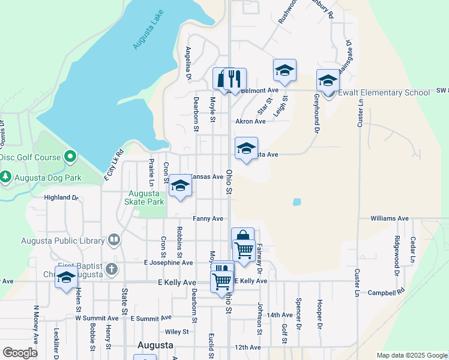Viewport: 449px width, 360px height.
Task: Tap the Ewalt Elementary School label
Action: point(384,93)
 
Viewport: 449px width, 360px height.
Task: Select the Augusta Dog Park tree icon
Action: point(6,177)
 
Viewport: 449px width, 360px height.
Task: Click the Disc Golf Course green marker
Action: point(70,157)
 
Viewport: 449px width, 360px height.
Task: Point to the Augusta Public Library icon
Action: point(113,241)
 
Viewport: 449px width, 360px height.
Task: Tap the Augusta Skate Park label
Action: point(145,198)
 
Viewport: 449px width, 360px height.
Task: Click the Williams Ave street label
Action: point(389,218)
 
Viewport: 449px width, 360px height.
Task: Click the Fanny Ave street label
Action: point(208,218)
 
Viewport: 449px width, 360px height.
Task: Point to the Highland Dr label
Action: point(62,197)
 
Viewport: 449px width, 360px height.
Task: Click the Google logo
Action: point(19,352)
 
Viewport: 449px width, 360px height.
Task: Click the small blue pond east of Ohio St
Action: point(297,202)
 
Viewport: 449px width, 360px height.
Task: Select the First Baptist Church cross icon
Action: point(111,269)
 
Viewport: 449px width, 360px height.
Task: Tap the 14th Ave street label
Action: point(280,314)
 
